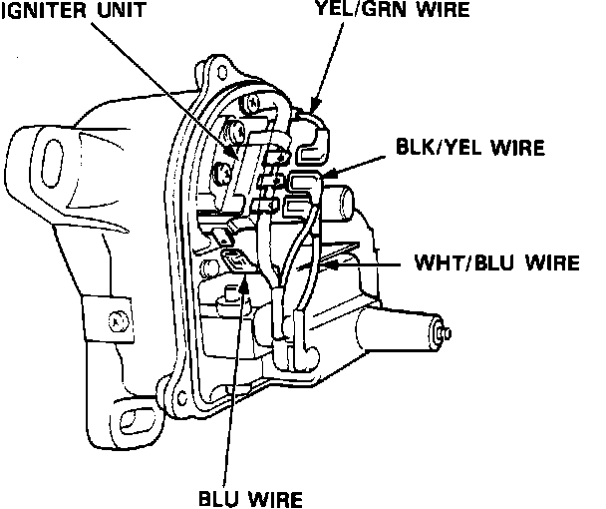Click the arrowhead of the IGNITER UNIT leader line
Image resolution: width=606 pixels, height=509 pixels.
tap(231, 154)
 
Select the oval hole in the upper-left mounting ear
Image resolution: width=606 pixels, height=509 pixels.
tap(47, 156)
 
